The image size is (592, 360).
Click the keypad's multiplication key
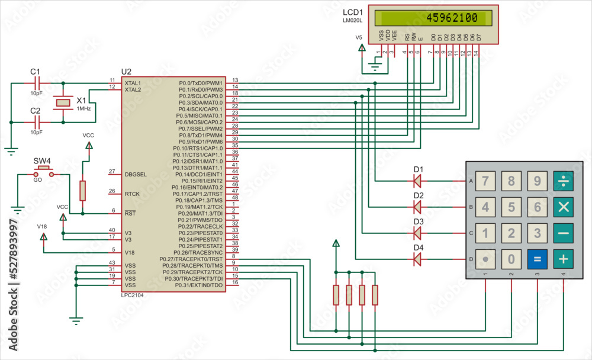[563, 207]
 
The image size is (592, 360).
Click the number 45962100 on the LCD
[452, 18]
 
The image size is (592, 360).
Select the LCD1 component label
[353, 12]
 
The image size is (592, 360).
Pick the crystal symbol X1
[63, 103]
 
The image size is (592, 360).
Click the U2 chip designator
[126, 71]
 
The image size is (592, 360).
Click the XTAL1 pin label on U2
[133, 83]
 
